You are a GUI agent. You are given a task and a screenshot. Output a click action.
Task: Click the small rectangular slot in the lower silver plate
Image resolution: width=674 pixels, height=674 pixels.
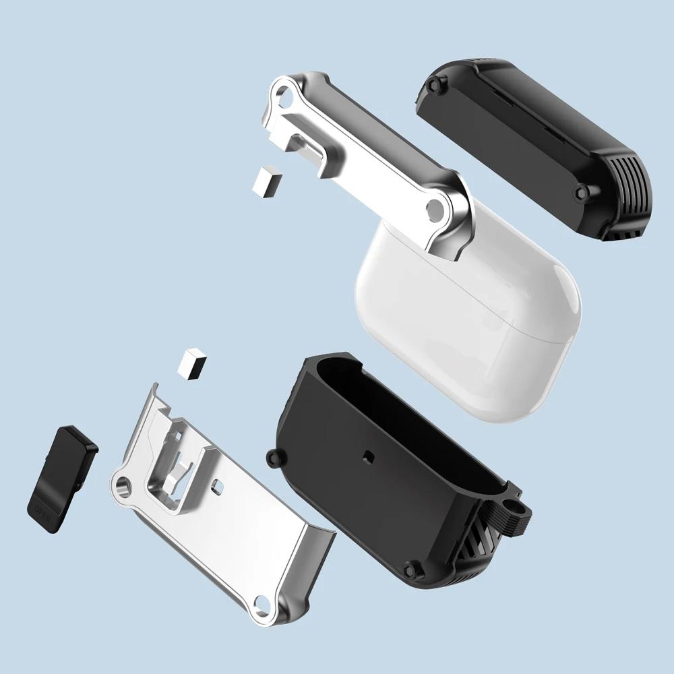pos(217,484)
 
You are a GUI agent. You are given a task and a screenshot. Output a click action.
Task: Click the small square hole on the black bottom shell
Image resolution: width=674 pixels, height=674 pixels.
pos(368,455)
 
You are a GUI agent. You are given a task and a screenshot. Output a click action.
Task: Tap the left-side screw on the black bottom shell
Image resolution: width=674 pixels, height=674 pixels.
pos(273,458)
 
